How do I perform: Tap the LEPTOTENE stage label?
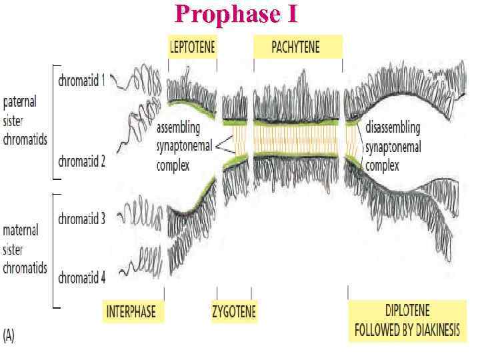pos(192,47)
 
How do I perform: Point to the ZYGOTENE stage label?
pos(233,311)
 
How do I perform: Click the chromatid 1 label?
pos(81,81)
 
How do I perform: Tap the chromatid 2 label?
pos(81,161)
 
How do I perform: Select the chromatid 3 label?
pos(81,219)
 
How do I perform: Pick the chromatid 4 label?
pos(81,278)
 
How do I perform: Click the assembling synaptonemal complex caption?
pos(186,145)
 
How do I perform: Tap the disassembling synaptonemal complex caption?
pos(393,145)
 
